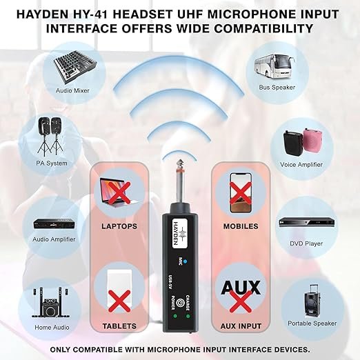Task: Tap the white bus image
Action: [274, 66]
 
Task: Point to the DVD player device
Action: [306, 223]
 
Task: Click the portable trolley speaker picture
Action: [312, 301]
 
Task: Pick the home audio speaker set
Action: [50, 302]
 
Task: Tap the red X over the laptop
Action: [119, 192]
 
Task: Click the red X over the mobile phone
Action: [240, 192]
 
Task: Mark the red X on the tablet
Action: [119, 301]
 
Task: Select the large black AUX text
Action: [241, 288]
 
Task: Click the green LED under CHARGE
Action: [188, 316]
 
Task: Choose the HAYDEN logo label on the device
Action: [179, 234]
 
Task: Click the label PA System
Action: [52, 163]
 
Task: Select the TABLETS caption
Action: [119, 326]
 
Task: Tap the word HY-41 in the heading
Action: [91, 14]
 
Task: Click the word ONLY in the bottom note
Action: [60, 350]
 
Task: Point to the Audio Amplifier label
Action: [54, 239]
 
